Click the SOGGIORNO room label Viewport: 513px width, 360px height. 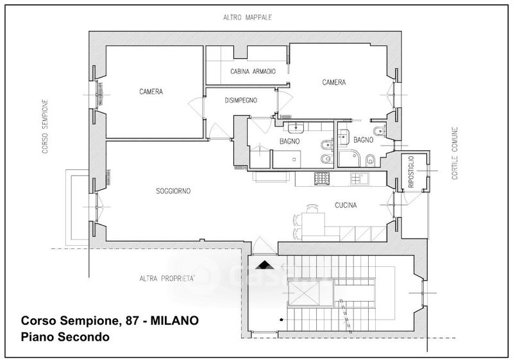click(x=173, y=191)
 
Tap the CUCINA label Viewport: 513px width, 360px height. click(x=346, y=205)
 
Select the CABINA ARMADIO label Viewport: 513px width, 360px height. click(x=253, y=71)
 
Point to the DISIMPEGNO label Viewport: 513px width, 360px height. click(x=241, y=101)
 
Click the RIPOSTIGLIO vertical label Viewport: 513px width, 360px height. click(x=411, y=171)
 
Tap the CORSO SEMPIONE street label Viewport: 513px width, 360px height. click(x=45, y=126)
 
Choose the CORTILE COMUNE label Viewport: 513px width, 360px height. click(x=455, y=153)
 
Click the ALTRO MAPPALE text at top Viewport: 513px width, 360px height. click(x=248, y=17)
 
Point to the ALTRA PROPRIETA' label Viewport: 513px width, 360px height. click(x=167, y=279)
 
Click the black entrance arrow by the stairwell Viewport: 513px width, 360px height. click(x=264, y=265)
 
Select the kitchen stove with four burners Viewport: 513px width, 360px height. click(x=322, y=178)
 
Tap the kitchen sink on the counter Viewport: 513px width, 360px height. click(x=360, y=178)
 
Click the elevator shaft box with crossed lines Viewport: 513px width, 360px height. click(x=304, y=293)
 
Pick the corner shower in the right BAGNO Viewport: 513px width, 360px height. click(x=349, y=159)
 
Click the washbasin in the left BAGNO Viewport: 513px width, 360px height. click(x=296, y=127)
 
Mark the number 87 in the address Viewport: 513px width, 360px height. click(x=133, y=320)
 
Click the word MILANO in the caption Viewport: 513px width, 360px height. click(x=174, y=320)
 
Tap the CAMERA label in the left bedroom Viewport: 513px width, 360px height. click(x=151, y=92)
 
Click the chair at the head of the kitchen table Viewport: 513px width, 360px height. click(x=312, y=209)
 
